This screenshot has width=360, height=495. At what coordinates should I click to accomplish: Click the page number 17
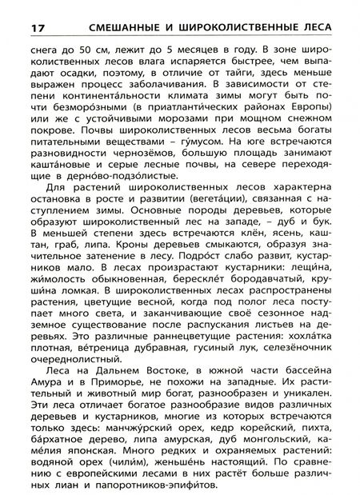(x=37, y=29)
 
